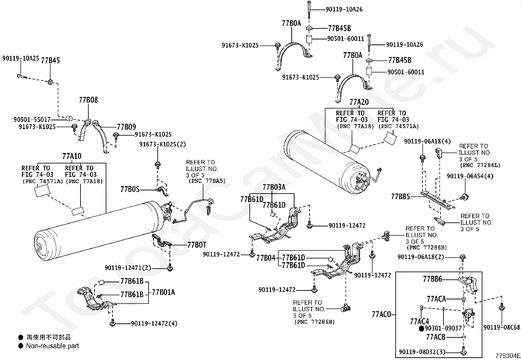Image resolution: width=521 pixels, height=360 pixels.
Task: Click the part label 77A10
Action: [x=72, y=156]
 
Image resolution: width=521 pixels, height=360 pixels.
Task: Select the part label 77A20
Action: [x=359, y=102]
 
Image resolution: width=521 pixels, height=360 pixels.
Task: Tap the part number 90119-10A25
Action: [x=21, y=58]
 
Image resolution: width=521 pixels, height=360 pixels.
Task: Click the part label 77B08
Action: [x=88, y=100]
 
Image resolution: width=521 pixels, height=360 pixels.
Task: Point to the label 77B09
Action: [x=127, y=127]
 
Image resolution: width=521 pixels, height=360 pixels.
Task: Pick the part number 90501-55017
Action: [x=32, y=120]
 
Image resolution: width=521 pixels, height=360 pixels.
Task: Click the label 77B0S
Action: [x=130, y=189]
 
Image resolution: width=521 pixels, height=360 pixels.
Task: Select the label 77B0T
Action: [x=197, y=245]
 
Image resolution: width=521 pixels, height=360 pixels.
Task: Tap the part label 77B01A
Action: [x=163, y=292]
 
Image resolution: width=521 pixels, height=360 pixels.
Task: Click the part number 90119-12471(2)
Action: [x=128, y=268]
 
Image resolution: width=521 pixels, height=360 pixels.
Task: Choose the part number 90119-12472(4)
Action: [x=154, y=323]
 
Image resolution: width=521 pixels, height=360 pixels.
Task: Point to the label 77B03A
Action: [x=274, y=187]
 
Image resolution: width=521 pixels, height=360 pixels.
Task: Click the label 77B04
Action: [x=266, y=258]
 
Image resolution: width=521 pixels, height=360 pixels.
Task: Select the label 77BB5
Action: [x=401, y=197]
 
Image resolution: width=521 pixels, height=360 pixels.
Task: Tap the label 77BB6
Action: [x=433, y=279]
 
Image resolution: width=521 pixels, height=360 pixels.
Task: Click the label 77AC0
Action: [x=382, y=314]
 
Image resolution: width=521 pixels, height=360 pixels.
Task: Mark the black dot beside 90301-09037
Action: [x=422, y=329]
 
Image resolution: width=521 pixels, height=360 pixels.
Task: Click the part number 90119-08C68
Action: [x=502, y=327]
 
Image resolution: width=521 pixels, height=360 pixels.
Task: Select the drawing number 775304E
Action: [x=508, y=356]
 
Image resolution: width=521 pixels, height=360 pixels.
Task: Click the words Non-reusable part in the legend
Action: [x=53, y=346]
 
